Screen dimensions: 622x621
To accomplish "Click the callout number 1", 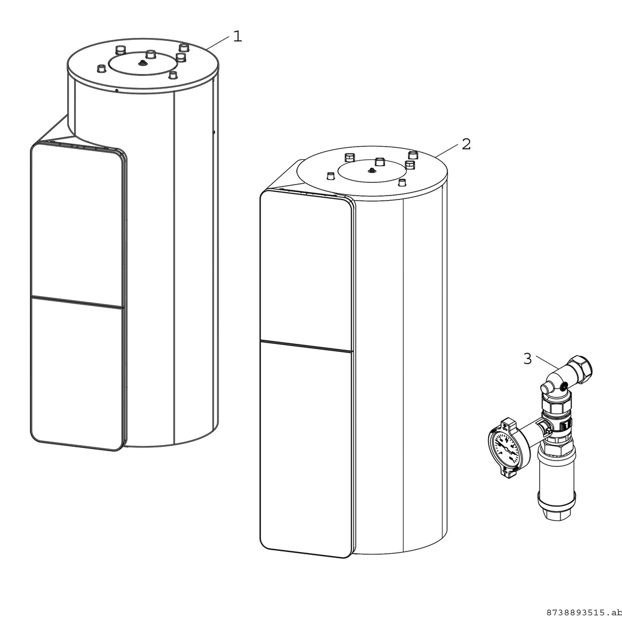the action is tap(237, 36).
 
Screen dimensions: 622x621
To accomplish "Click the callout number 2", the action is tap(466, 144).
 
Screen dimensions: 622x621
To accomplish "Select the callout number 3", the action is tap(528, 359).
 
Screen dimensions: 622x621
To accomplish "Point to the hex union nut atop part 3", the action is tap(580, 367).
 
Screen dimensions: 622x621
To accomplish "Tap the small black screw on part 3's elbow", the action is tap(563, 384).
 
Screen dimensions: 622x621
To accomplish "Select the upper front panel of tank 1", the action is tap(76, 225).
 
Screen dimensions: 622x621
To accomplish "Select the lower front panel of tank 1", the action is tap(76, 374).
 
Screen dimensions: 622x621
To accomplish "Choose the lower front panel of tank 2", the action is tap(305, 449).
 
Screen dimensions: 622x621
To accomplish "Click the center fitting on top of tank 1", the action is tap(141, 63).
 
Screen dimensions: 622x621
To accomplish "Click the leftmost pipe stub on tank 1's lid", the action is tap(102, 68).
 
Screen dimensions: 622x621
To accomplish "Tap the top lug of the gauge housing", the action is tap(506, 424).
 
